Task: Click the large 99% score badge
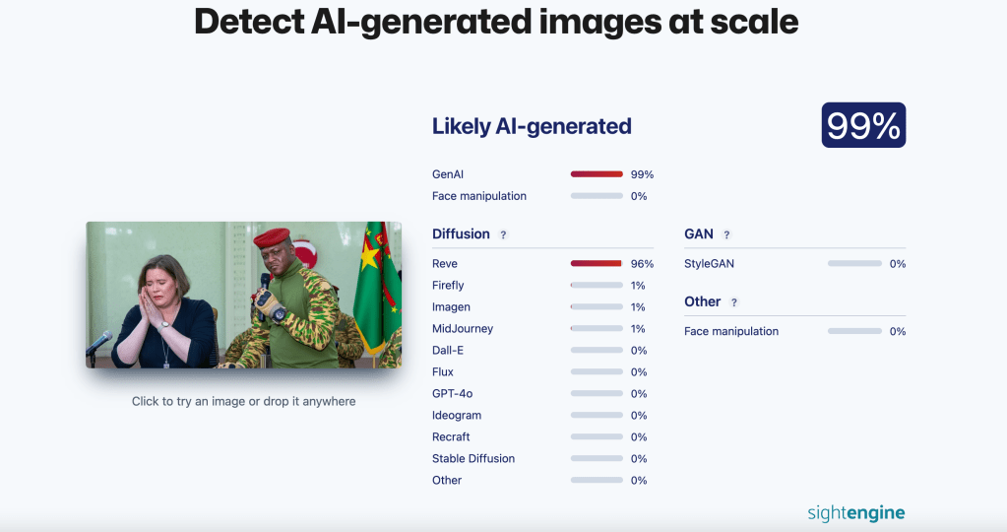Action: click(x=863, y=125)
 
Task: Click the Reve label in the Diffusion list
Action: click(x=445, y=264)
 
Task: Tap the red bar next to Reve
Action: click(x=597, y=264)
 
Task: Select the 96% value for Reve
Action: click(x=642, y=264)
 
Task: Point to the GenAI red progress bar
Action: click(x=597, y=174)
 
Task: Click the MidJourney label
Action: click(x=463, y=329)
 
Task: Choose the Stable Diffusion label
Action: click(x=473, y=459)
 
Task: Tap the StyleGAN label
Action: click(x=709, y=264)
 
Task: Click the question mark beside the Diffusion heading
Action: click(x=503, y=234)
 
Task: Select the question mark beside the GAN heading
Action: click(x=726, y=234)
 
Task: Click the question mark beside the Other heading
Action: click(x=734, y=302)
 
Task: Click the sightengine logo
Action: click(x=855, y=512)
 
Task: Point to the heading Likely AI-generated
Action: click(x=532, y=126)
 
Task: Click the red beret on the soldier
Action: click(x=272, y=237)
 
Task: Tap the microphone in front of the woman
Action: click(x=99, y=343)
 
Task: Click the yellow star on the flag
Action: click(x=371, y=259)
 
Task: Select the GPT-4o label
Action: click(x=452, y=394)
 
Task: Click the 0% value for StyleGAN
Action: click(x=897, y=264)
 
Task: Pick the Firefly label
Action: click(x=448, y=286)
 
